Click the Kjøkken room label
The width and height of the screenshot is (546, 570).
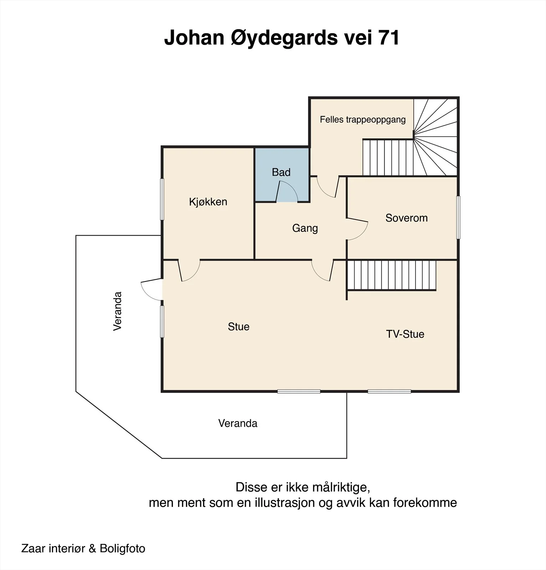tap(208, 202)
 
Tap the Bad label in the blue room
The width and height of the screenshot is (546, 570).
tap(281, 172)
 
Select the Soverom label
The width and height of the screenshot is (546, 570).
tap(407, 218)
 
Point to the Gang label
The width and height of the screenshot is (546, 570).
tap(305, 228)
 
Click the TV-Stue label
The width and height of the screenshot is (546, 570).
tap(405, 334)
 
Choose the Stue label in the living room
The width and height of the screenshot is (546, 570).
tap(239, 327)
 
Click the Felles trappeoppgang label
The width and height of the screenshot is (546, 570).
tap(363, 120)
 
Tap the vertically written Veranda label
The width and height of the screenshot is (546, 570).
tap(118, 311)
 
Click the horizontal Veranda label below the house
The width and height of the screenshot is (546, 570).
tap(238, 423)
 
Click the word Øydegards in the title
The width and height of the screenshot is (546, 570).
tap(284, 38)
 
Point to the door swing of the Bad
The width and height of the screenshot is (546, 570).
tap(287, 192)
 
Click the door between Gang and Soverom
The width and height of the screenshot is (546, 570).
tap(357, 229)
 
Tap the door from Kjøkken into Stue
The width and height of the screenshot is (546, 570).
tap(189, 271)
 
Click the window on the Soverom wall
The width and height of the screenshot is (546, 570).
tap(458, 217)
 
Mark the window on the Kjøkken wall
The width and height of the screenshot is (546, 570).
tap(162, 199)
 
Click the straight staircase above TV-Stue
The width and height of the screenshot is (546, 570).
tap(392, 275)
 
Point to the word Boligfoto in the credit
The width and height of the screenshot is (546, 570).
tap(123, 548)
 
